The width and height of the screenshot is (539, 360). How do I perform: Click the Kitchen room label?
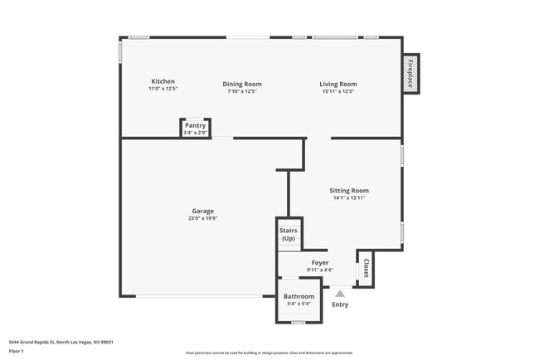(163, 81)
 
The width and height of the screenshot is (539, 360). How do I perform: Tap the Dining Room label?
(242, 84)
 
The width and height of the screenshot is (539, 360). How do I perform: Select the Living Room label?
(338, 84)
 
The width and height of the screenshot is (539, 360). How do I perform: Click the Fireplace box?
(410, 72)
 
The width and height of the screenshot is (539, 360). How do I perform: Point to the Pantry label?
(195, 125)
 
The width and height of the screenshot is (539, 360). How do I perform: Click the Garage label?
(203, 211)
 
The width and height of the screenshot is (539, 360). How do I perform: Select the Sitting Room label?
(349, 190)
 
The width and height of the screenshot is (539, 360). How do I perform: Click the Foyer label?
(320, 262)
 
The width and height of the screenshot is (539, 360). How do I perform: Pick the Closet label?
(366, 268)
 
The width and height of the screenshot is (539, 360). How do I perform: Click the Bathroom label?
(299, 296)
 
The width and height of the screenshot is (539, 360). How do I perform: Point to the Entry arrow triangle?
(339, 292)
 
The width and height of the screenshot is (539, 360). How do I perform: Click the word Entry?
(340, 304)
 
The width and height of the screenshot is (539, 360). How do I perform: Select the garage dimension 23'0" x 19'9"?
(203, 219)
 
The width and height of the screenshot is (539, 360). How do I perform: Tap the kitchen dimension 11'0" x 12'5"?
(163, 90)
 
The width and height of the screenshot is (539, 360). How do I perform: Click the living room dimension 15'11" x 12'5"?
(338, 91)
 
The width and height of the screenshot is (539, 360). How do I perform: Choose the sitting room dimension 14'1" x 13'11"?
(349, 198)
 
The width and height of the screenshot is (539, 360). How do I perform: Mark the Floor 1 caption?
(17, 351)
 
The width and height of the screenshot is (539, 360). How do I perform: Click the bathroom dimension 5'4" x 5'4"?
(299, 304)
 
